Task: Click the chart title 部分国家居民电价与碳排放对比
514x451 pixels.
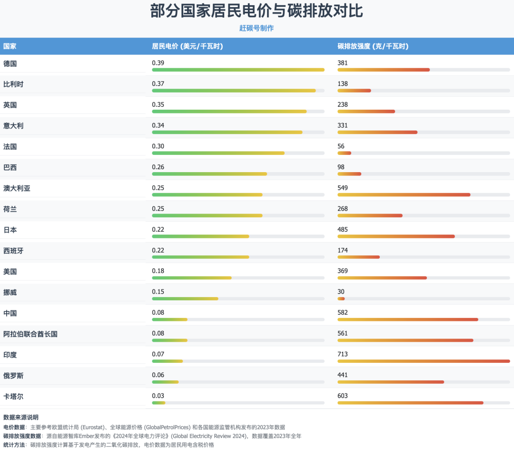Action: [257, 11]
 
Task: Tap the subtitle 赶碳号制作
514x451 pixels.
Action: [257, 28]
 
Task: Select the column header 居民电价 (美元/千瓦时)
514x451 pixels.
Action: [188, 46]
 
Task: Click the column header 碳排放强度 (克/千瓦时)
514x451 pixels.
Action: [373, 46]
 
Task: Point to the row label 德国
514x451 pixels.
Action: [10, 63]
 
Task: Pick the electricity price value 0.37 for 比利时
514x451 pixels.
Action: [158, 84]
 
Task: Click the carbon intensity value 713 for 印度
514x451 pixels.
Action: [343, 354]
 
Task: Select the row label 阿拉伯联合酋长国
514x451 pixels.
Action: [30, 334]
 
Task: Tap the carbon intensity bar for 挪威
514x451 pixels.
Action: [341, 299]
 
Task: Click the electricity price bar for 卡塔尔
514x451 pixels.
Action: [159, 403]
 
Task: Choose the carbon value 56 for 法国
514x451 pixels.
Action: [341, 146]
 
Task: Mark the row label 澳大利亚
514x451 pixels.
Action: [17, 188]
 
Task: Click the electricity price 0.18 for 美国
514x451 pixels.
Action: [158, 271]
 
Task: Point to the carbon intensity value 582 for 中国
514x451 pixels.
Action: [343, 313]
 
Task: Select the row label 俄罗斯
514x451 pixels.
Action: [13, 376]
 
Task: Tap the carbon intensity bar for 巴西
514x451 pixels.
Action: [349, 174]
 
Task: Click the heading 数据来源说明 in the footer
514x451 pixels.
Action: [21, 418]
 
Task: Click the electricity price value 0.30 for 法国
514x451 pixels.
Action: [158, 146]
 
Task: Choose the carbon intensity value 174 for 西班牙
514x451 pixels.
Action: [343, 250]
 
